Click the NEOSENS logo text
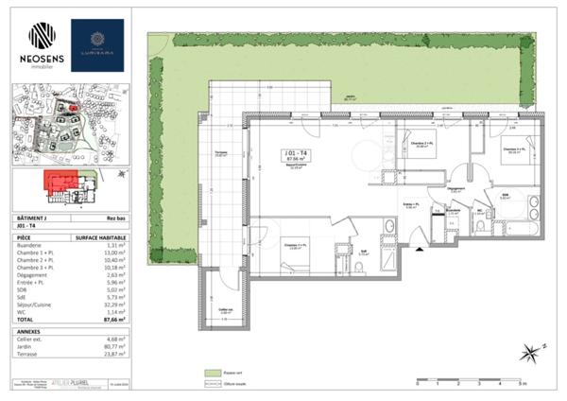coord(41,59)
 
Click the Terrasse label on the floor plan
coord(221,154)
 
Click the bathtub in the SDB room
coord(519,228)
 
